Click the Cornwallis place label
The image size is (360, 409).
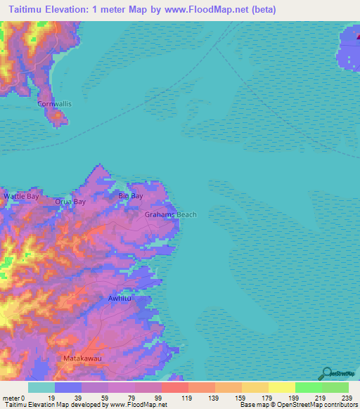coord(54,103)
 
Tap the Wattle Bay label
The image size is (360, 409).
coord(22,197)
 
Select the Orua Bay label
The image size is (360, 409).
coord(70,202)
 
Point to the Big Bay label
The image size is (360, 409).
coord(131,196)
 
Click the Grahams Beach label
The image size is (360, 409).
coord(171,215)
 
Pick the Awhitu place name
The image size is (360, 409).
coord(120,299)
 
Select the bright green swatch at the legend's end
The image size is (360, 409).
coord(335,388)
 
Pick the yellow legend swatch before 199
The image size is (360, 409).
coord(281,388)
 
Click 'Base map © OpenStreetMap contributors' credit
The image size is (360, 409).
coord(296,404)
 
